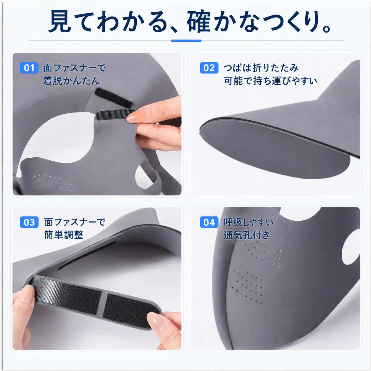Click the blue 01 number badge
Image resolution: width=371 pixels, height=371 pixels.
(x=29, y=68)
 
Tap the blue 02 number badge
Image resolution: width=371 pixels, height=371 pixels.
(x=209, y=68)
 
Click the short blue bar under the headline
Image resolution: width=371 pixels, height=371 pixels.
(x=186, y=41)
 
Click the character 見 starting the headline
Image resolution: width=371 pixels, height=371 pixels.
(x=60, y=21)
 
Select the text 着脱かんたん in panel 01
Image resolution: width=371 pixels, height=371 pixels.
(x=71, y=81)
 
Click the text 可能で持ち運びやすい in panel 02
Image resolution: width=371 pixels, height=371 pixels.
(x=270, y=81)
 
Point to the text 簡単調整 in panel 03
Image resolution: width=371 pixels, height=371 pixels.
(x=64, y=235)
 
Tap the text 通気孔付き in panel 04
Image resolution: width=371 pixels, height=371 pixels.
(x=247, y=235)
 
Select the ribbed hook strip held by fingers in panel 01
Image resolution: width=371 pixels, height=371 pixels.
(x=115, y=114)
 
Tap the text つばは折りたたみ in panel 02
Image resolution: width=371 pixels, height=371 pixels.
(x=261, y=68)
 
